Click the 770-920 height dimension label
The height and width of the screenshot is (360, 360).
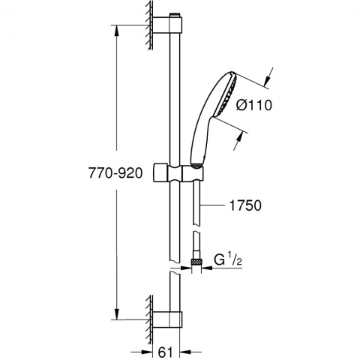[x=115, y=173]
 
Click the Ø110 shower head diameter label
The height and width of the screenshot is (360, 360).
[x=253, y=105]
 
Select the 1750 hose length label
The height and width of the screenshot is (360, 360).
[x=245, y=205]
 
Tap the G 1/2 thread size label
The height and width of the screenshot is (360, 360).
[x=228, y=260]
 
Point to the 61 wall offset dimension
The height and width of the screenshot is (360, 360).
[x=166, y=352]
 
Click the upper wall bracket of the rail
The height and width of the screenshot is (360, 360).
[x=167, y=25]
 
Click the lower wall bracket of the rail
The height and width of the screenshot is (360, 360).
[x=167, y=319]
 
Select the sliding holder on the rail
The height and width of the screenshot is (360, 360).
[x=178, y=172]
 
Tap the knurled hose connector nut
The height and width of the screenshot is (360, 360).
[x=196, y=262]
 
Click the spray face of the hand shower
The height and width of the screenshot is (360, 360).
[x=227, y=94]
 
